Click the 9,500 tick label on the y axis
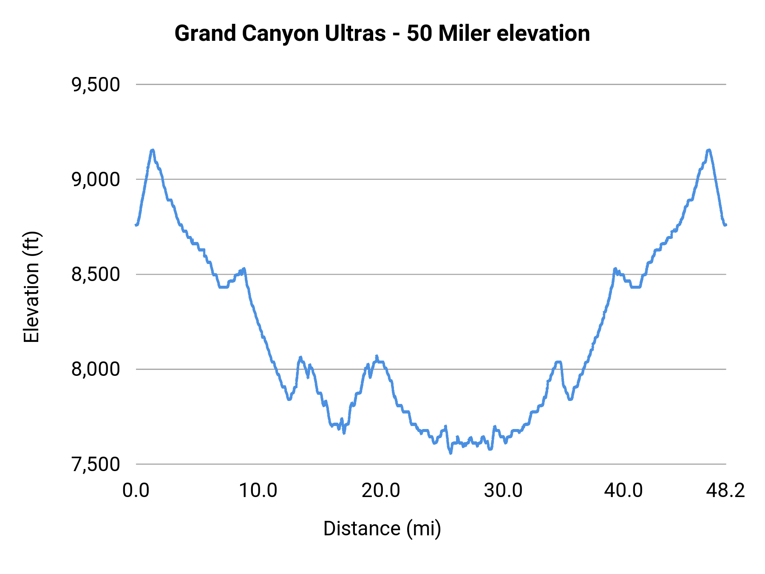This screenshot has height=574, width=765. (x=96, y=85)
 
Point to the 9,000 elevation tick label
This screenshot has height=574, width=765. (x=96, y=179)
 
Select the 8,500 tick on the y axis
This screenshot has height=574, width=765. (x=96, y=274)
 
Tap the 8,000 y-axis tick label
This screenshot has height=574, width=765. (x=96, y=369)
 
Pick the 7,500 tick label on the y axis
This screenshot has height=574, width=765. (x=96, y=464)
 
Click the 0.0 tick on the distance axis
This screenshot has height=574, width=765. (x=136, y=491)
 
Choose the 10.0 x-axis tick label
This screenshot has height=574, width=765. (x=258, y=491)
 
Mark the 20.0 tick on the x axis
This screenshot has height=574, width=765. (x=381, y=491)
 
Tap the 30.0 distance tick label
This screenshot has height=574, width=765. (x=503, y=491)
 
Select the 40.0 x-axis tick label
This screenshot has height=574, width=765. (x=623, y=491)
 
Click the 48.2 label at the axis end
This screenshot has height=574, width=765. (x=725, y=491)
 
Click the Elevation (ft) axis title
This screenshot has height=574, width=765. (x=31, y=287)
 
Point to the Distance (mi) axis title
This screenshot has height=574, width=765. (x=382, y=529)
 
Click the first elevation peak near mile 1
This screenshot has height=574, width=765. (x=152, y=150)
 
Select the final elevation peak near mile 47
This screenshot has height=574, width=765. (x=708, y=150)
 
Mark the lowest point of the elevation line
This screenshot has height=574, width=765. (x=450, y=453)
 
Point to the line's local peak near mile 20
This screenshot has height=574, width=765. (x=377, y=355)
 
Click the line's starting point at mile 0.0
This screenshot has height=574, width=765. (x=136, y=225)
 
